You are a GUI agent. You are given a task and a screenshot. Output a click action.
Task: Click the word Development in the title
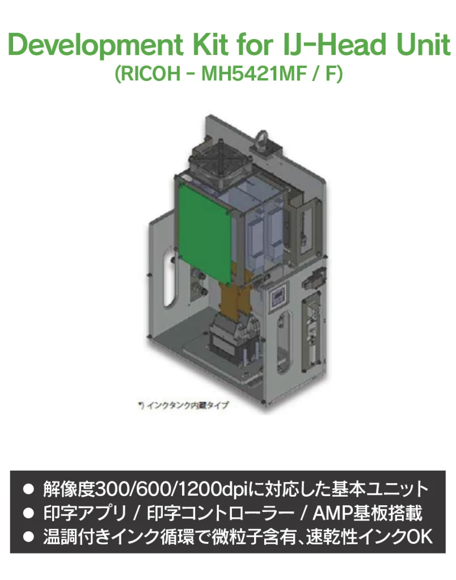coord(95,45)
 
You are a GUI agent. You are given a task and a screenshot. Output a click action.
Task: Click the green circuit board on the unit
coord(205,233)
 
